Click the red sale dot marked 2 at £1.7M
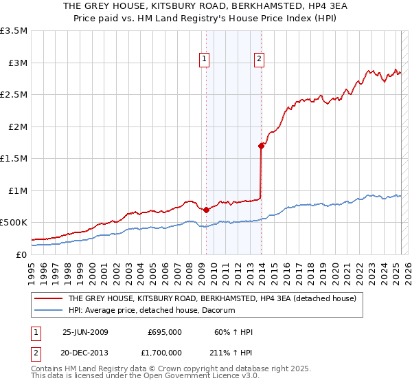261,146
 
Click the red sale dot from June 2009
206,210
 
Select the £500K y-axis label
14,223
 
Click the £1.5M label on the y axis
14,159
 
